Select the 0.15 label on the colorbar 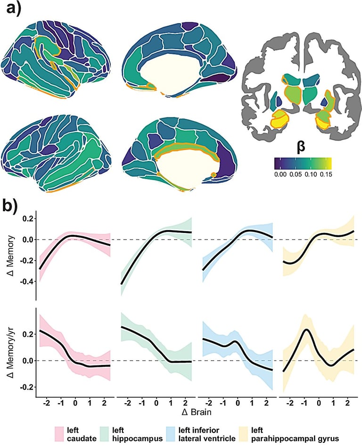pos(325,174)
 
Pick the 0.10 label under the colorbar pos(310,174)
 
